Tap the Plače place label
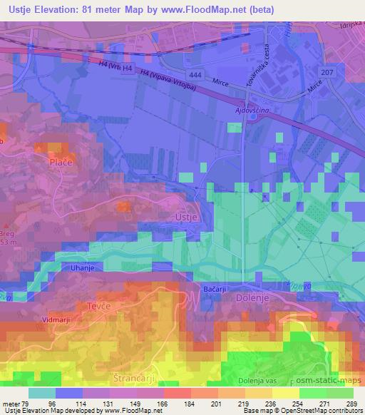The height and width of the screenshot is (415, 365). [x=60, y=162]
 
